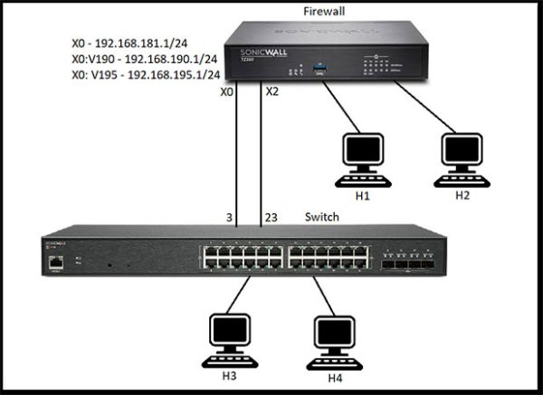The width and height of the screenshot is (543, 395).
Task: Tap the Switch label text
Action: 323,217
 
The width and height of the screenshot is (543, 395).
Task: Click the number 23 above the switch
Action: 271,217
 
